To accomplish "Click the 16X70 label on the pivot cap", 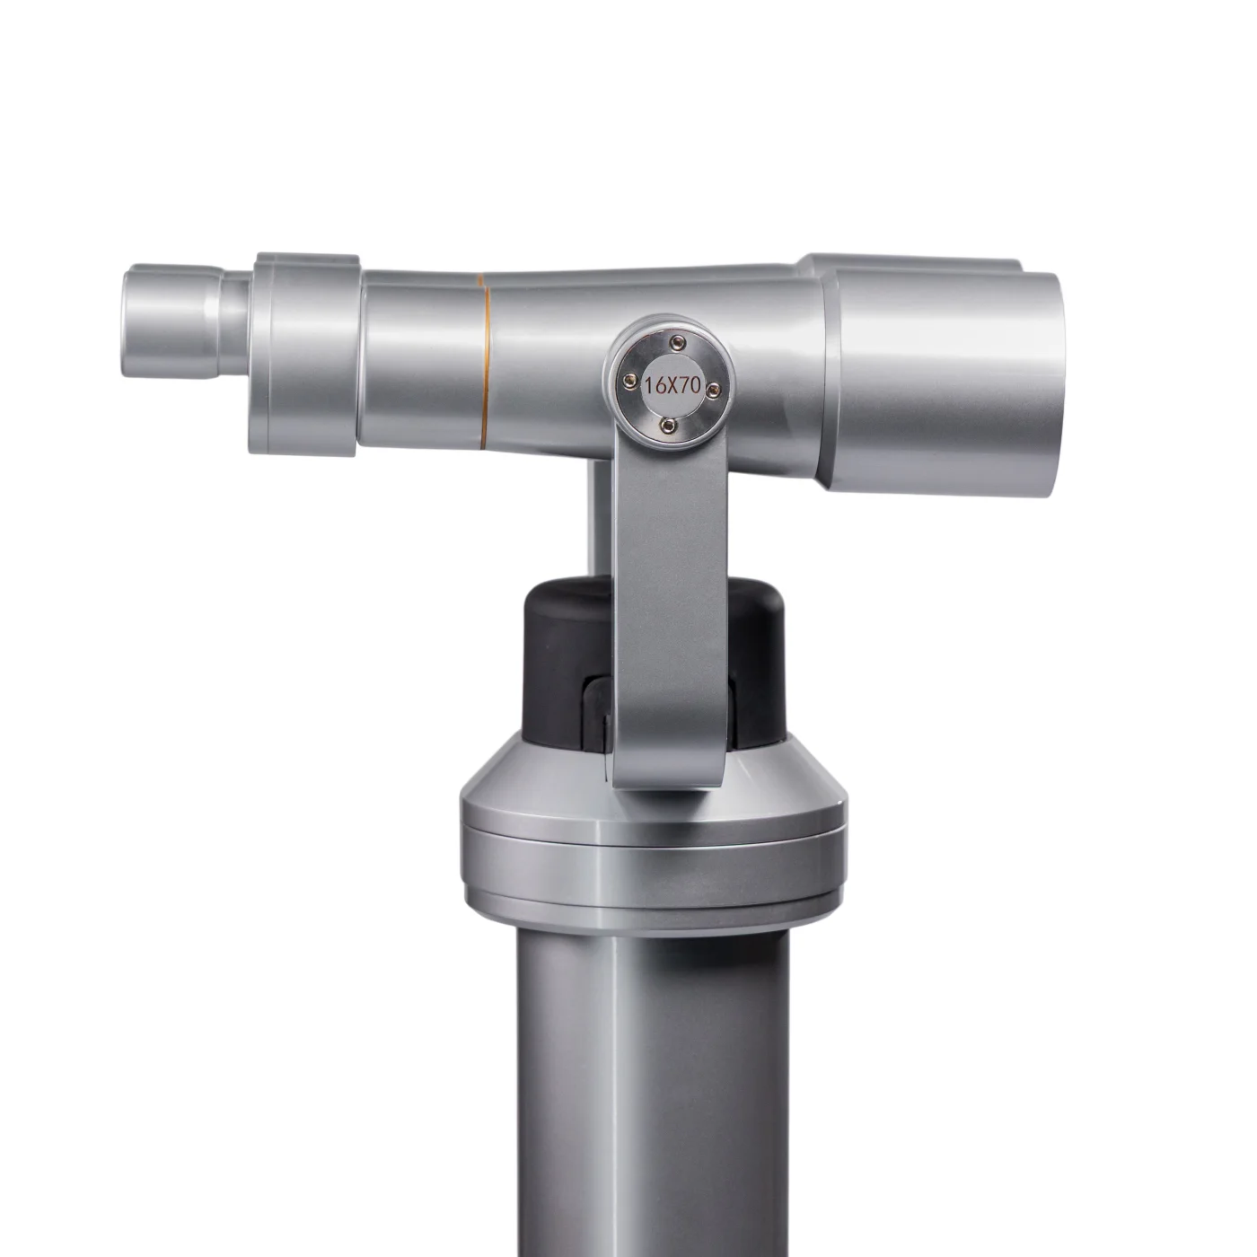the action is [x=672, y=385].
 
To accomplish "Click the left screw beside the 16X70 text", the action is [x=628, y=376].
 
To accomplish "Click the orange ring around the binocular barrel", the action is [x=484, y=359].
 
